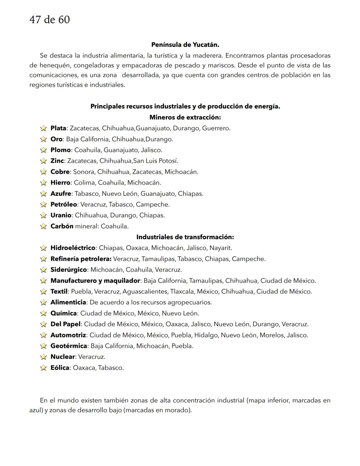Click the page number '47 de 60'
click(x=50, y=20)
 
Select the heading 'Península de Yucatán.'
click(x=185, y=45)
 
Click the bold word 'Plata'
click(x=58, y=128)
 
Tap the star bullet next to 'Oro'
click(x=43, y=139)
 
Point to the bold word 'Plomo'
click(x=60, y=150)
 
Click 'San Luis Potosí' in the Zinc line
click(x=155, y=161)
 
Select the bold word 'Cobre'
click(x=60, y=172)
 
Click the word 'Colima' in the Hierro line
click(x=84, y=183)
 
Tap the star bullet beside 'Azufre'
click(x=43, y=194)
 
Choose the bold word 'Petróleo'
click(x=64, y=204)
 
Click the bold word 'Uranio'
click(x=61, y=215)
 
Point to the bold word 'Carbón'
click(x=62, y=226)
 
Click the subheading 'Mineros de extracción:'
click(x=185, y=117)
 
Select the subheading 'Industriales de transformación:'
click(x=185, y=237)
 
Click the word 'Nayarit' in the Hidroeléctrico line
click(x=221, y=248)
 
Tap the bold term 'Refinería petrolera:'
click(x=81, y=259)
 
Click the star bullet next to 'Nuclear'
click(x=43, y=357)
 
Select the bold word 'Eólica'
click(x=60, y=368)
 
